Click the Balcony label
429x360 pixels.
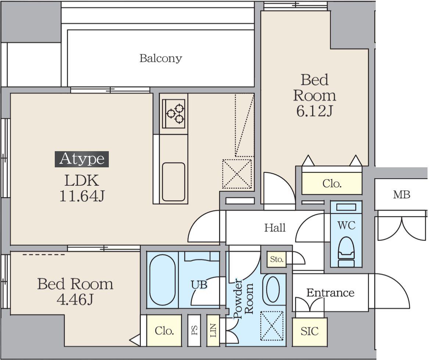[x=161, y=58]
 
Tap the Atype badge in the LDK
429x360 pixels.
[x=82, y=159]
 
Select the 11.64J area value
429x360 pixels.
[x=82, y=196]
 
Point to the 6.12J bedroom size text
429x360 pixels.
[x=314, y=111]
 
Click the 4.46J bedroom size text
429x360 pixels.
[x=75, y=299]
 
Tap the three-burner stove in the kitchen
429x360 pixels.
[x=174, y=114]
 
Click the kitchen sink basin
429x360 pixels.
[x=174, y=182]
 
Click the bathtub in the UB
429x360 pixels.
[x=162, y=280]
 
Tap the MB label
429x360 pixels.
[x=402, y=195]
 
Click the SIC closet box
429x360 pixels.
[x=310, y=332]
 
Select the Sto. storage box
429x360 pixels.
[x=277, y=259]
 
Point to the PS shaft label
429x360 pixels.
[x=194, y=330]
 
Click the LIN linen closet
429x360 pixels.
[x=213, y=331]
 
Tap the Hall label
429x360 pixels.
[x=275, y=228]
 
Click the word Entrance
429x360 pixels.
[x=330, y=293]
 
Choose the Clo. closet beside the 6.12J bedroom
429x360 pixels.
[x=332, y=183]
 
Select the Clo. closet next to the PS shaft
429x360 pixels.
[x=164, y=331]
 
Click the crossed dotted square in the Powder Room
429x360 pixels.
[x=272, y=326]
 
